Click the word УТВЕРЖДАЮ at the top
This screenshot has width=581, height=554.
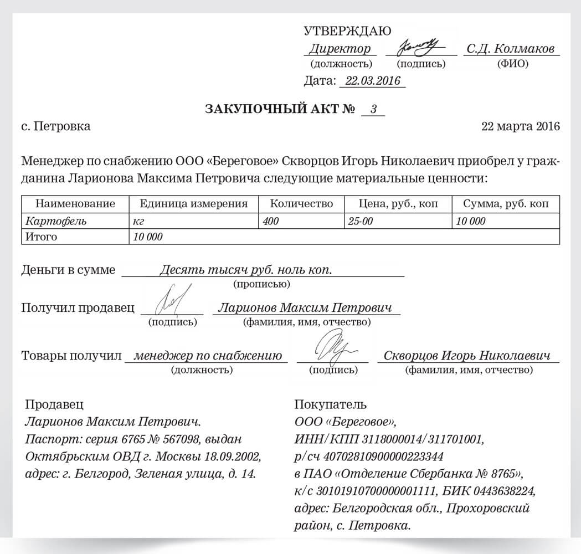pos(347,31)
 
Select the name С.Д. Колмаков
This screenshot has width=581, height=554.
pos(510,49)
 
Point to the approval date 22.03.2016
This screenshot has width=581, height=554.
pos(372,81)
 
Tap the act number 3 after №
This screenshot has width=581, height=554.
pos(373,109)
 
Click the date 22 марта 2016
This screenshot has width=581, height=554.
pos(521,126)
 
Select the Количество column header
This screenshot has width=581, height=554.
pos(301,203)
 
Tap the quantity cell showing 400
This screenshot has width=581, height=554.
pos(271,221)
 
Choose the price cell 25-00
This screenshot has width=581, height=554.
pos(361,221)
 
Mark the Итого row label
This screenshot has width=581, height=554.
pos(42,237)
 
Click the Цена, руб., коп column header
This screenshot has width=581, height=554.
pos(398,203)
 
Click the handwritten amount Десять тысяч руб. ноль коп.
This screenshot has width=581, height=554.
pos(245,270)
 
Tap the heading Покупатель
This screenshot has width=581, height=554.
pos(331,404)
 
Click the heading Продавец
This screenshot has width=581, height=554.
pos(55,404)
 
